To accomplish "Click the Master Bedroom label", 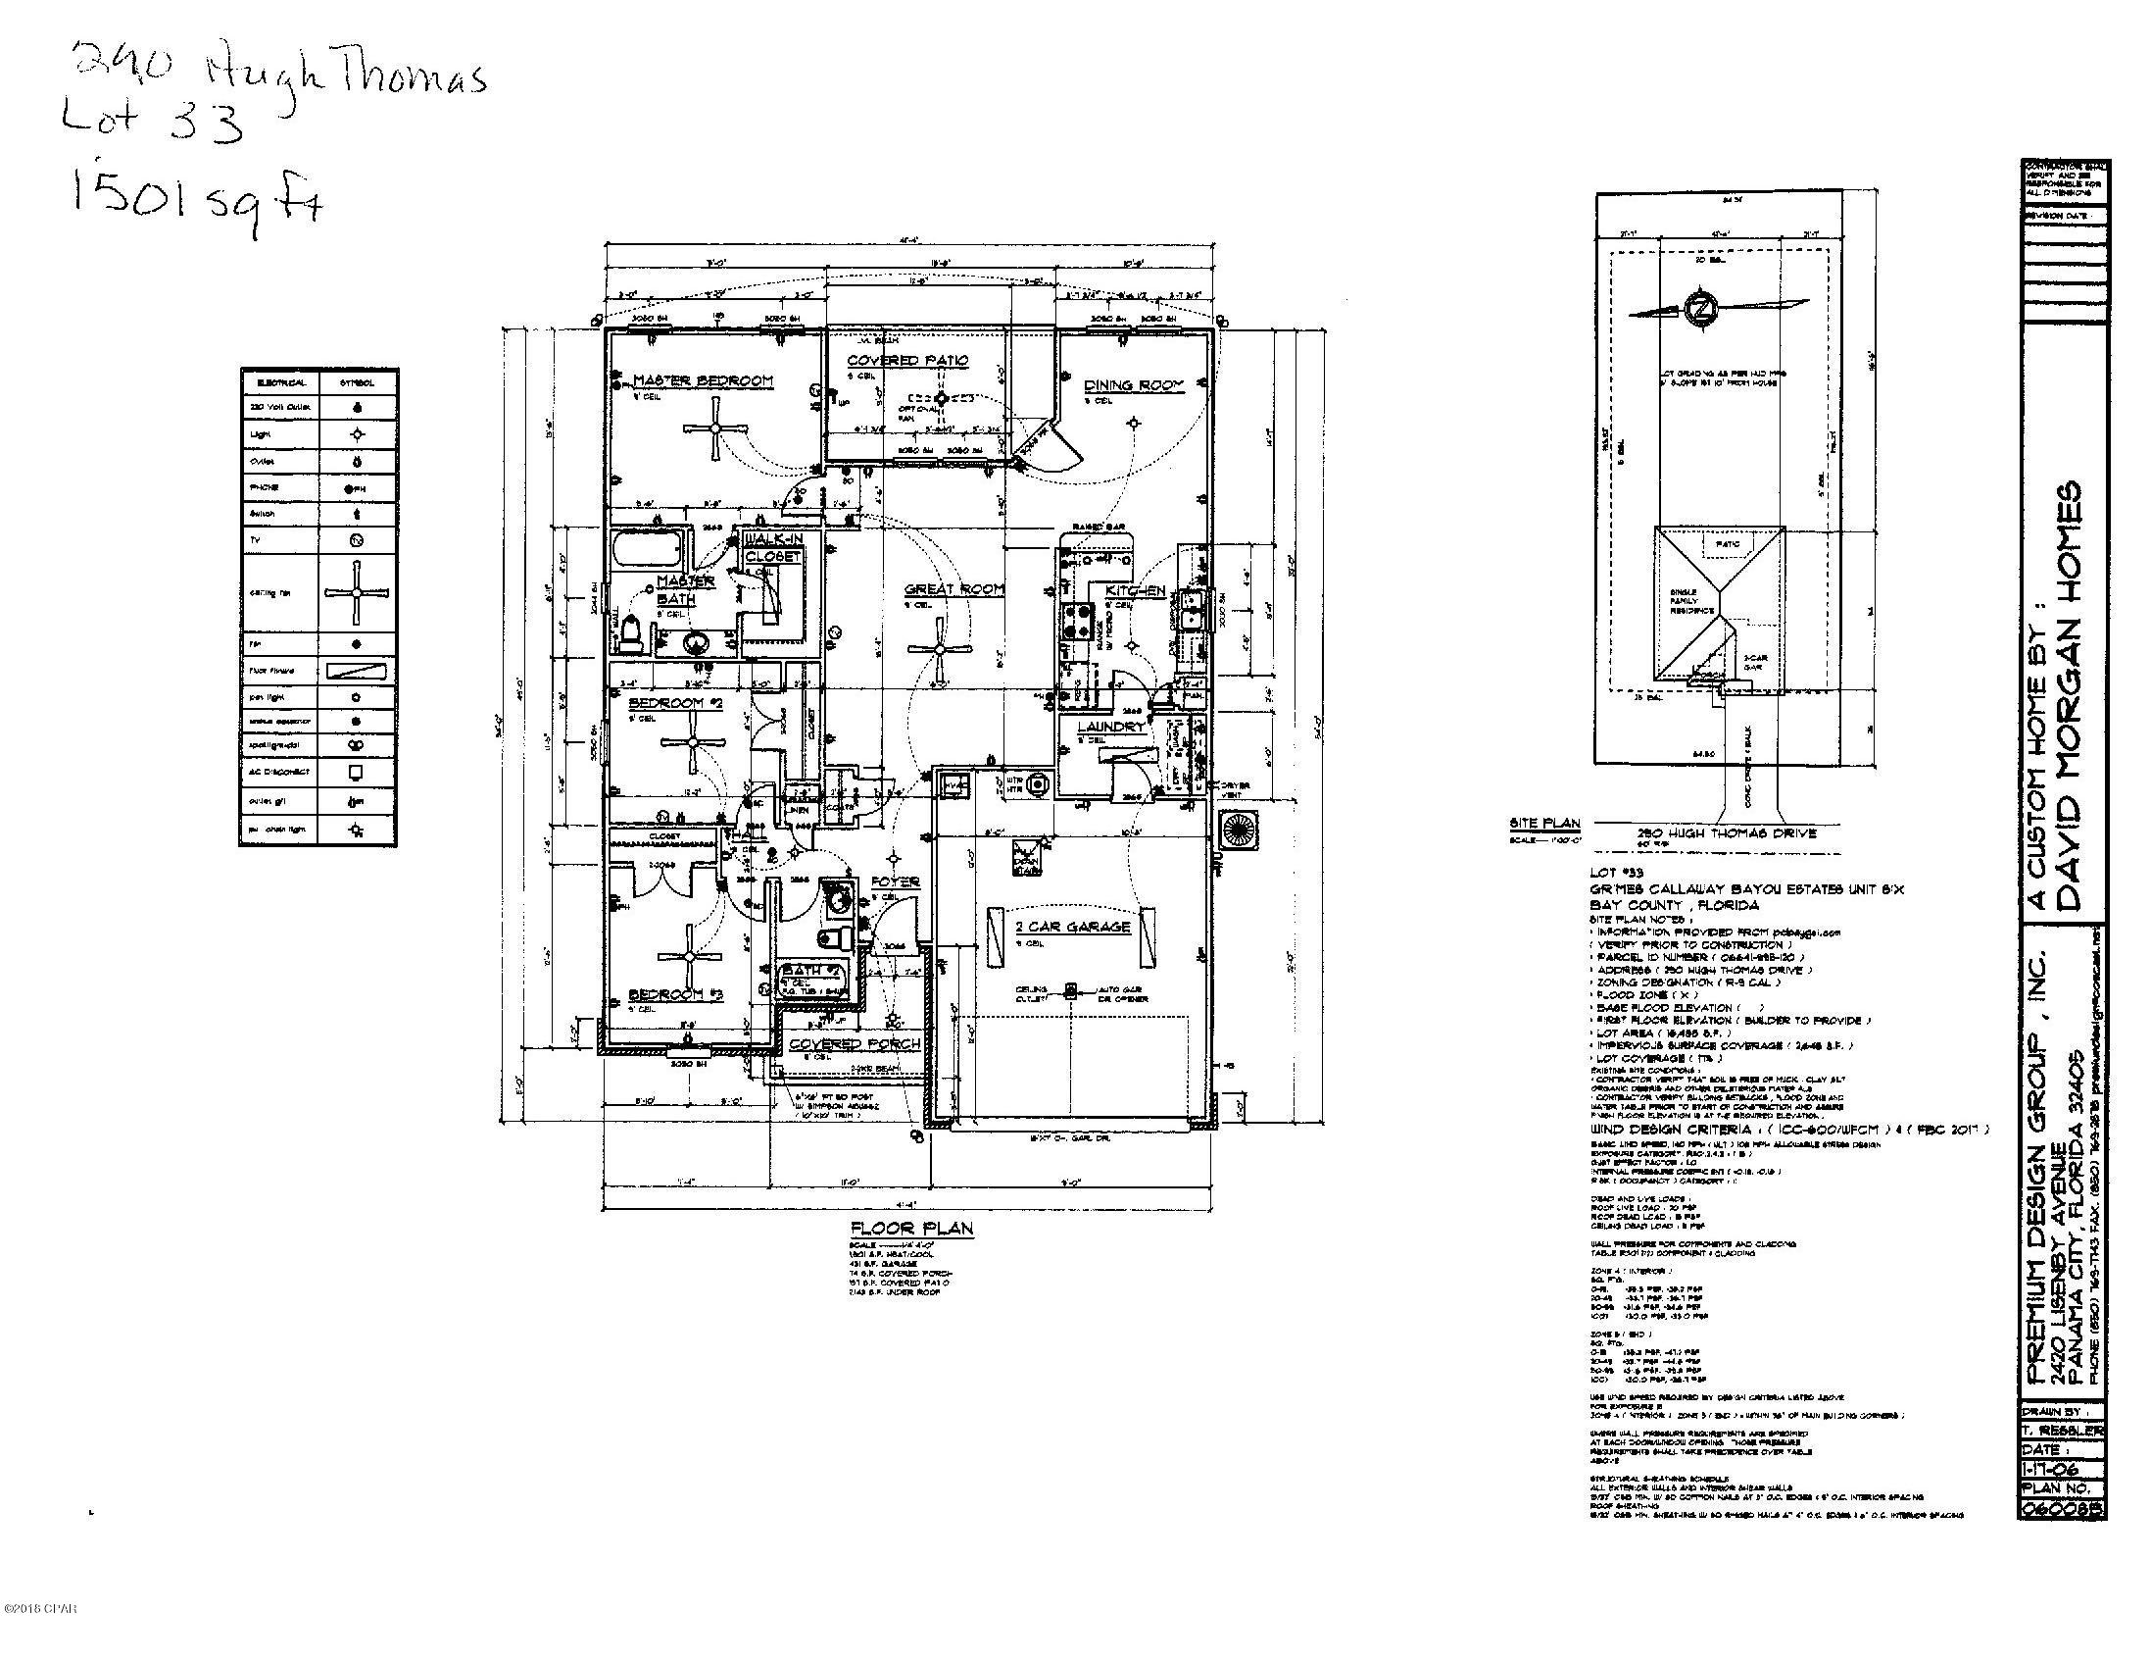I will pos(704,380).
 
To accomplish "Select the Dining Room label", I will pos(1134,385).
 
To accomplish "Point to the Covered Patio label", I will pos(908,361).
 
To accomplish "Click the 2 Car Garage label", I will pos(1059,927).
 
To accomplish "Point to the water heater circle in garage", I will pos(1036,784).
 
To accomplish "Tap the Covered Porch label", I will pos(854,1043).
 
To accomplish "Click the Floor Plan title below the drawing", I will pos(912,1228).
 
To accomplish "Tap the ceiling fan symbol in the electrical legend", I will pos(357,592).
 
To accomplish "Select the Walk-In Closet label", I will pos(773,548).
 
